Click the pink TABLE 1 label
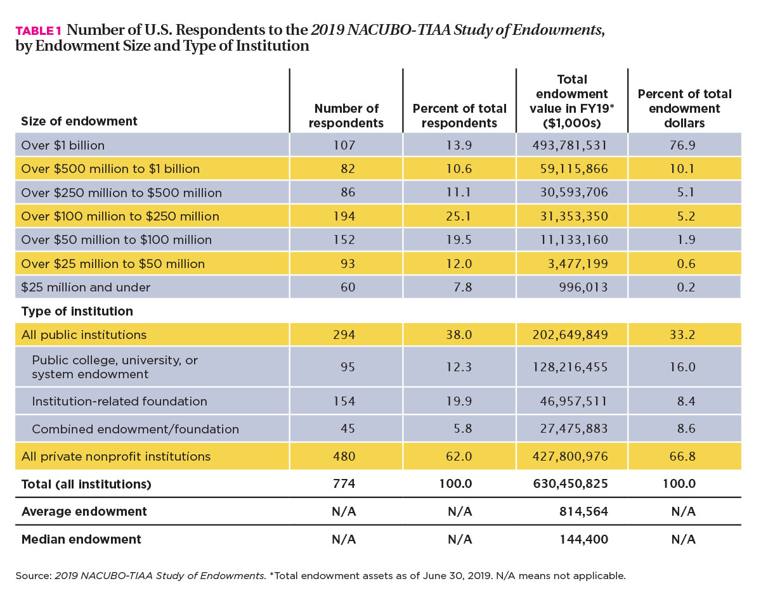click(x=39, y=31)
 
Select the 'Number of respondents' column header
click(x=346, y=115)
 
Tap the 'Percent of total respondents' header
click(x=459, y=115)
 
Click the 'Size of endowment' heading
click(x=79, y=121)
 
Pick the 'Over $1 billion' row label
click(x=63, y=145)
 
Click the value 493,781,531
click(x=569, y=145)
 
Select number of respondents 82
click(x=348, y=169)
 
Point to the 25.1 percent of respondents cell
click(x=459, y=216)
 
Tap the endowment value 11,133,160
click(x=573, y=239)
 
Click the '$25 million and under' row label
click(x=86, y=287)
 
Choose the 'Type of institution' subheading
click(x=77, y=311)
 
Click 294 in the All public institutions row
click(x=344, y=335)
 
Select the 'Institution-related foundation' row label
click(x=119, y=401)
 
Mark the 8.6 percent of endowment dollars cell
click(x=686, y=428)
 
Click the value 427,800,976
click(x=570, y=456)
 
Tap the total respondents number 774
click(x=344, y=483)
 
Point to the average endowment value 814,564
click(x=583, y=511)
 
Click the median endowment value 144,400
click(x=583, y=539)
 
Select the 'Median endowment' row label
click(x=81, y=539)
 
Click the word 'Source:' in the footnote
click(x=34, y=576)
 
